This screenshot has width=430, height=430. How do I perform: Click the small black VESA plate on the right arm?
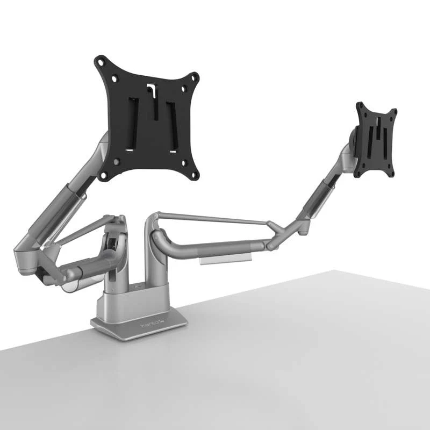click(376, 140)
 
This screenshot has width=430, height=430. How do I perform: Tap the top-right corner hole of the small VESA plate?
click(393, 112)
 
